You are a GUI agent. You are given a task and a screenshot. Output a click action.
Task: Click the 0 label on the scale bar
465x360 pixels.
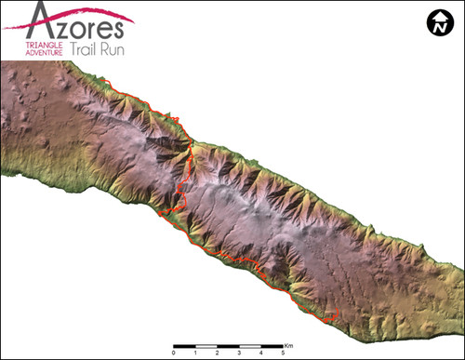(x=173, y=353)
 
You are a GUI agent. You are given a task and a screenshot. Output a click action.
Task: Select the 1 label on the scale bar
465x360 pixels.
(x=195, y=353)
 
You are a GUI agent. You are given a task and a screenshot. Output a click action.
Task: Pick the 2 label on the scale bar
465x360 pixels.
(x=217, y=353)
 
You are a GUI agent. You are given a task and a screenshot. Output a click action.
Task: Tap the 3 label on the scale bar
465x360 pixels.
(x=239, y=353)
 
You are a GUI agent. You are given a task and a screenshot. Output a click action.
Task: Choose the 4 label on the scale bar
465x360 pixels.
(x=260, y=353)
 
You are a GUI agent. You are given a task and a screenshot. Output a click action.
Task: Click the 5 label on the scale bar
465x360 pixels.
(x=282, y=353)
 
